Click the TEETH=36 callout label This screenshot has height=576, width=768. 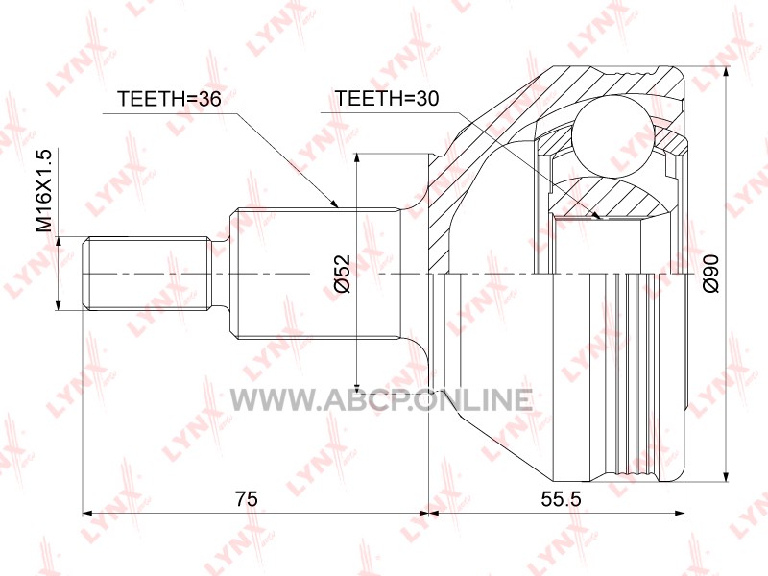click(169, 99)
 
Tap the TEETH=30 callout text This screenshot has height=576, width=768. click(386, 99)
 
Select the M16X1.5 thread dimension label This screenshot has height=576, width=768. click(43, 191)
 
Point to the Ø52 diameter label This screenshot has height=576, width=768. click(344, 274)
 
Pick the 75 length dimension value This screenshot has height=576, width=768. click(246, 498)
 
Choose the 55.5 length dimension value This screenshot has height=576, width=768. click(561, 498)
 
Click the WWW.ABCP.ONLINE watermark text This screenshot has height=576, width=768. click(380, 399)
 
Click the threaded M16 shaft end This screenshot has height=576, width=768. click(147, 274)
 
